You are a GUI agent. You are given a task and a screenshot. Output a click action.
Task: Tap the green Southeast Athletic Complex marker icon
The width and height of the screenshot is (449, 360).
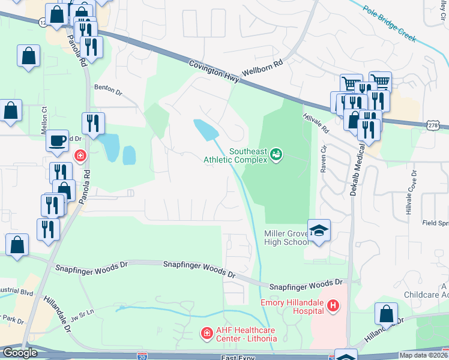276,155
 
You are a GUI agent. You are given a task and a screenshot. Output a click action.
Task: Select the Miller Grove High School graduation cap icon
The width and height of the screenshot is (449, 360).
319,230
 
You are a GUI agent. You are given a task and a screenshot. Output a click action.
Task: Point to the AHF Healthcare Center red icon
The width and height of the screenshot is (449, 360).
206,332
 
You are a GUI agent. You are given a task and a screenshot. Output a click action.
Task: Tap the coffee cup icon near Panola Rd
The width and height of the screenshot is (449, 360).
58,140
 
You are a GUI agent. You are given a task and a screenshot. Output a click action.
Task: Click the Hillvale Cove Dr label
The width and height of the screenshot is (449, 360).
411,193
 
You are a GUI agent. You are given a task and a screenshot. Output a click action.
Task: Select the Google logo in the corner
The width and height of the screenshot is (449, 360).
19,353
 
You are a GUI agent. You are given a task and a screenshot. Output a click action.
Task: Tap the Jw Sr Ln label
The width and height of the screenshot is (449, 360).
82,314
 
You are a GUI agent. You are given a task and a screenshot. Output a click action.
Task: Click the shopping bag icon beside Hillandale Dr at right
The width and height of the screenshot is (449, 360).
387,313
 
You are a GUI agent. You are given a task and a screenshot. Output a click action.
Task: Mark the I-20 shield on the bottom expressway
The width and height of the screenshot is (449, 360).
142,356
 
